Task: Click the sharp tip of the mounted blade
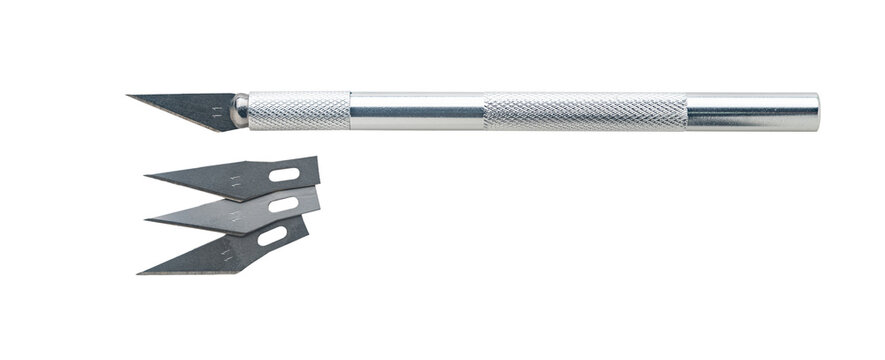click(129, 97)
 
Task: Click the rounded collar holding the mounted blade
click(239, 110)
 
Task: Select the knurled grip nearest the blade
click(298, 110)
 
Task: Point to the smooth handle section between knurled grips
click(417, 110)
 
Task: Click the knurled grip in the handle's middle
click(585, 110)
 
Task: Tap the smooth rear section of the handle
click(750, 110)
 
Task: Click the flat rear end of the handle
click(816, 110)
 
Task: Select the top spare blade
click(240, 180)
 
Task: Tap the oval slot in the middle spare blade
click(284, 207)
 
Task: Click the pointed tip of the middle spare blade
click(147, 217)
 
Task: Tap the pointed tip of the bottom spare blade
click(139, 271)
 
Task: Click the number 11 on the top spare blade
click(235, 180)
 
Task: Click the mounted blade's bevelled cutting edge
click(180, 116)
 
